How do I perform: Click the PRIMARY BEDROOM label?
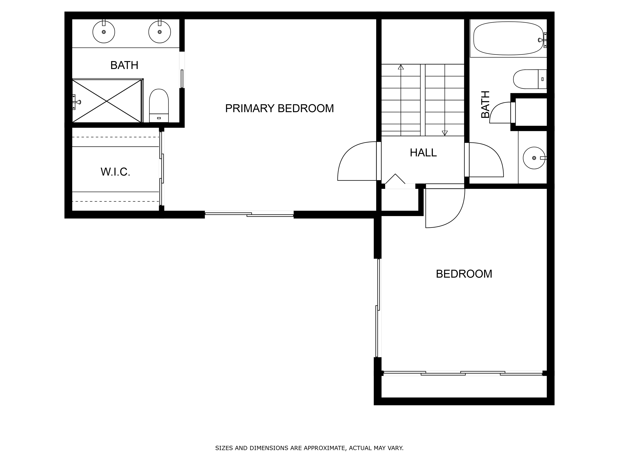[x=279, y=108]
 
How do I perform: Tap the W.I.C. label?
[x=115, y=172]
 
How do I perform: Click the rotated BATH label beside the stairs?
[x=485, y=104]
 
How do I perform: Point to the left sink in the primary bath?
[x=104, y=32]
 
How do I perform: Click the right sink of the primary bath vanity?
[x=159, y=32]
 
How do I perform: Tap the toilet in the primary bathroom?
[x=159, y=106]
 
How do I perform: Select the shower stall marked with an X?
[x=107, y=101]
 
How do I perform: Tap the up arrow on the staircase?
[x=401, y=67]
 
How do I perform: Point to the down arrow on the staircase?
[x=445, y=133]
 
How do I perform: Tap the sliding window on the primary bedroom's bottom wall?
[x=249, y=214]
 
